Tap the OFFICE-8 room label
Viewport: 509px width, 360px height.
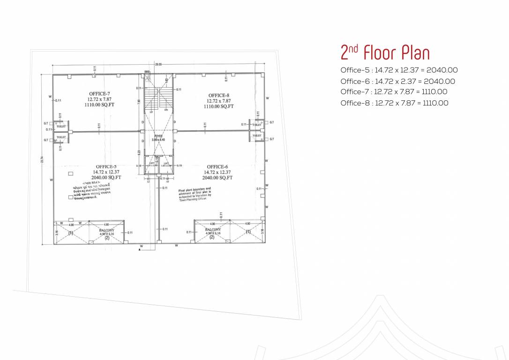point(218,96)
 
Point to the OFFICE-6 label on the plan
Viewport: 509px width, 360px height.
point(217,167)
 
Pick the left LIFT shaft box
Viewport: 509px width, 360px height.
point(152,165)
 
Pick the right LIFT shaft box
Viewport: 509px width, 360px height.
point(166,165)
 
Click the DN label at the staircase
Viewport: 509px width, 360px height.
point(166,110)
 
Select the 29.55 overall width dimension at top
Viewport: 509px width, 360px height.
point(158,64)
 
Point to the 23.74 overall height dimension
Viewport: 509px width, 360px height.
point(42,159)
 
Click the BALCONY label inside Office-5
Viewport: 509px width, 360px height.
point(106,231)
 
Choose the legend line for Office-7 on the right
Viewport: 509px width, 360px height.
point(394,92)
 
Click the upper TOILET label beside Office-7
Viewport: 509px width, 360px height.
point(61,127)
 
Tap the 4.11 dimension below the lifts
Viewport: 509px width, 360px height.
point(162,179)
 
